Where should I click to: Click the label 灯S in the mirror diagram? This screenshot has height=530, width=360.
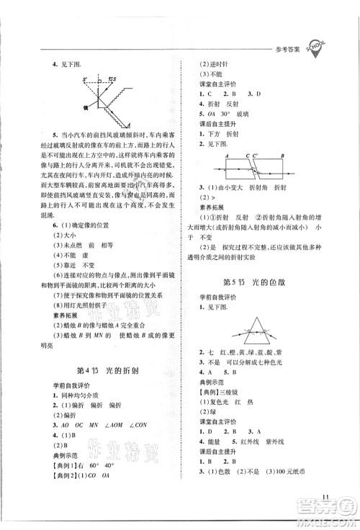tap(113, 80)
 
